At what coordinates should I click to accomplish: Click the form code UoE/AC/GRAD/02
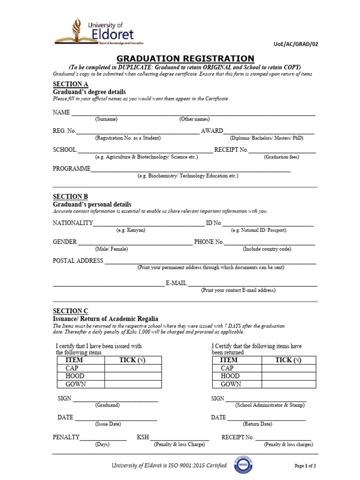pyautogui.click(x=295, y=44)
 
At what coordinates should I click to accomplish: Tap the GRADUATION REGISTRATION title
pyautogui.click(x=185, y=59)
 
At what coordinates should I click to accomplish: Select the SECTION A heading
pyautogui.click(x=70, y=84)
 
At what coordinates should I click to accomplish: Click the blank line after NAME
pyautogui.click(x=193, y=113)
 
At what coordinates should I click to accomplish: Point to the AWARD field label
pyautogui.click(x=212, y=131)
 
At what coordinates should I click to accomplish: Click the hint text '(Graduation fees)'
pyautogui.click(x=281, y=157)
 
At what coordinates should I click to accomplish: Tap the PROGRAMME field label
pyautogui.click(x=71, y=168)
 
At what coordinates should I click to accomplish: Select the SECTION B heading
pyautogui.click(x=70, y=196)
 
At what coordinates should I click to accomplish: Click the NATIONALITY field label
pyautogui.click(x=73, y=223)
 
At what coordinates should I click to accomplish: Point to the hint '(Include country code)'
pyautogui.click(x=267, y=249)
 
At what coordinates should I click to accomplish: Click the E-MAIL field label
pyautogui.click(x=176, y=284)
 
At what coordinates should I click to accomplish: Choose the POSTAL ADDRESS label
pyautogui.click(x=78, y=261)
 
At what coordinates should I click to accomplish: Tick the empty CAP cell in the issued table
pyautogui.click(x=133, y=368)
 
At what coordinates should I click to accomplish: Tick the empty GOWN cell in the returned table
pyautogui.click(x=289, y=384)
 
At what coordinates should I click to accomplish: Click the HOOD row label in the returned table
pyautogui.click(x=230, y=376)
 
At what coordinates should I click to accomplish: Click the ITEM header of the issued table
pyautogui.click(x=74, y=360)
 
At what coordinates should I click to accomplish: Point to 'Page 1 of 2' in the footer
pyautogui.click(x=305, y=466)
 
